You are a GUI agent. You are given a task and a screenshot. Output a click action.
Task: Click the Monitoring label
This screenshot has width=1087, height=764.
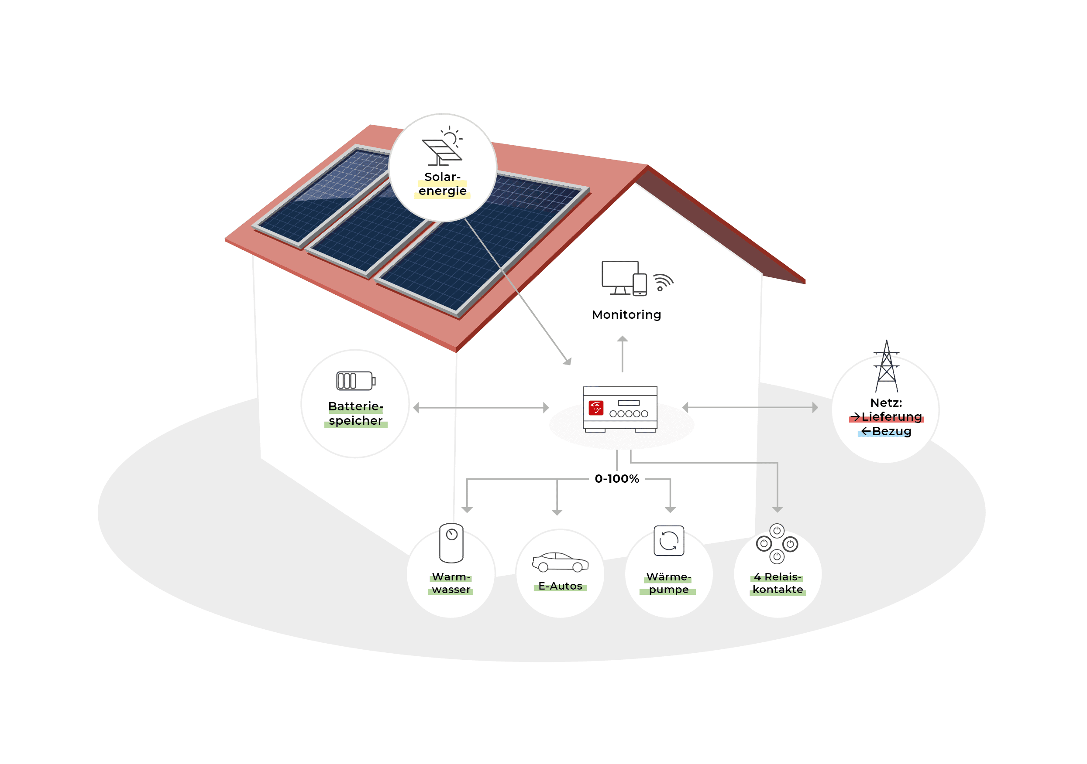pos(626,315)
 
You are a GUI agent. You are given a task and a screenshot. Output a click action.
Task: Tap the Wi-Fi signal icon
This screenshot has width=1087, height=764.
pos(663,283)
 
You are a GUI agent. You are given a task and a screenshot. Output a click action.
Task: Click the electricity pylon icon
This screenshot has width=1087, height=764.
pos(886,366)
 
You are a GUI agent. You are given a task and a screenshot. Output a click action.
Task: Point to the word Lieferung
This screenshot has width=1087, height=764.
pos(891,417)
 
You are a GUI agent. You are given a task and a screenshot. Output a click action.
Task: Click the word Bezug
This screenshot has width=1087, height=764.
pos(891,431)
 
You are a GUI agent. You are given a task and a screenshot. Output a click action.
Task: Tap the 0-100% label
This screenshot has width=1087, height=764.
pos(617,479)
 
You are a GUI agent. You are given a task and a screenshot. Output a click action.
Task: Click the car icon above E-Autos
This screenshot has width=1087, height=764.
pos(561,562)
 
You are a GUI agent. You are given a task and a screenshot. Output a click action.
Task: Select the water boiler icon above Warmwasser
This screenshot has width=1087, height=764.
pos(451,542)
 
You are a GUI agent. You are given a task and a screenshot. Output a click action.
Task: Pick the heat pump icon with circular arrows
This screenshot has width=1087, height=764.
pos(669,540)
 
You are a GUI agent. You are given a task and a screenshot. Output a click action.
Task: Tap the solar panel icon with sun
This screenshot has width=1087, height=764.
pos(442,146)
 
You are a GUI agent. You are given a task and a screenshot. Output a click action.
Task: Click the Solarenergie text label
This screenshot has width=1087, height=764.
pos(443,184)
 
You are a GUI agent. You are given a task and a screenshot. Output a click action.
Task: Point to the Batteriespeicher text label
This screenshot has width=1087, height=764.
pos(355,413)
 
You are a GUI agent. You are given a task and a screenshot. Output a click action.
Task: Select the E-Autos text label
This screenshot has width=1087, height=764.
pos(560,586)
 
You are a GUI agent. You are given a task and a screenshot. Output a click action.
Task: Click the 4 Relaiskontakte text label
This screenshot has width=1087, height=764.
pos(778,583)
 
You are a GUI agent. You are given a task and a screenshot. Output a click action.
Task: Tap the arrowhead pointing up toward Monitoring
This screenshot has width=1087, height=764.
pos(623,339)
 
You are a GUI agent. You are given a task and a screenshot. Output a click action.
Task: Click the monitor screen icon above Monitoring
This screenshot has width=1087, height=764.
pos(620,278)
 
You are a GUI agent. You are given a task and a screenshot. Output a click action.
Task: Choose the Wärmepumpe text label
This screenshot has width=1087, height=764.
pos(669,583)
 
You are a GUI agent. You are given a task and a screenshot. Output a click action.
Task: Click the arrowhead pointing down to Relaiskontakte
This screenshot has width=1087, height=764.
pos(777,509)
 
